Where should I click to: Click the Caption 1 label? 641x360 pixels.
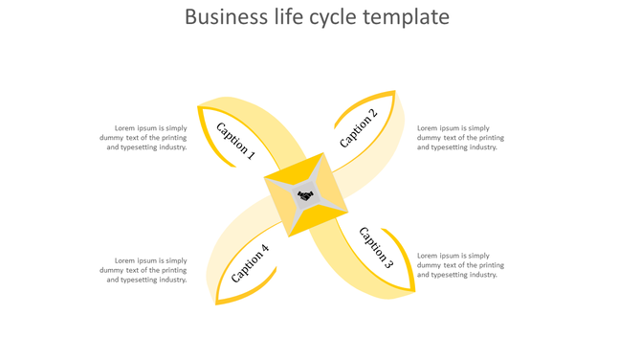tap(235, 140)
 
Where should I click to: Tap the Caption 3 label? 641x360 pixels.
tap(376, 246)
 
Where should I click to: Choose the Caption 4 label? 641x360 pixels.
tap(250, 263)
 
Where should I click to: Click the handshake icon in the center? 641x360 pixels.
tap(305, 195)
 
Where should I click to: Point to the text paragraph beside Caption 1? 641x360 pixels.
tap(144, 137)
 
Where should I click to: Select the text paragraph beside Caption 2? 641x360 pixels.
tap(460, 137)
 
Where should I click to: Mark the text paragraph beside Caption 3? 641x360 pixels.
tap(460, 265)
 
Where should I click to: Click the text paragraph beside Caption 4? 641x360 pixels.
tap(144, 270)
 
